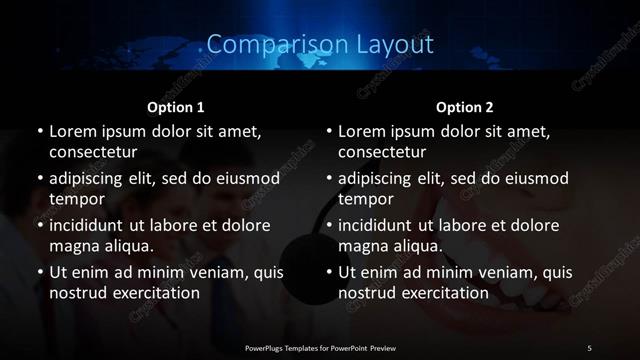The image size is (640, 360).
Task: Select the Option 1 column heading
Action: point(176,106)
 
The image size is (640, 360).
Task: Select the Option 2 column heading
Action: point(465,106)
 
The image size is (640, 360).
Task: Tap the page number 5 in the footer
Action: point(589,347)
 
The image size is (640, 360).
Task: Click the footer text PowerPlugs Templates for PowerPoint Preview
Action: point(320,347)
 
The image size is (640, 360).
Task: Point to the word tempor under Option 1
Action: point(77,198)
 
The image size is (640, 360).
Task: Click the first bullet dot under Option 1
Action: point(40,132)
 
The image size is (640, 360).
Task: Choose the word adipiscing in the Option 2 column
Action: point(383,179)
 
